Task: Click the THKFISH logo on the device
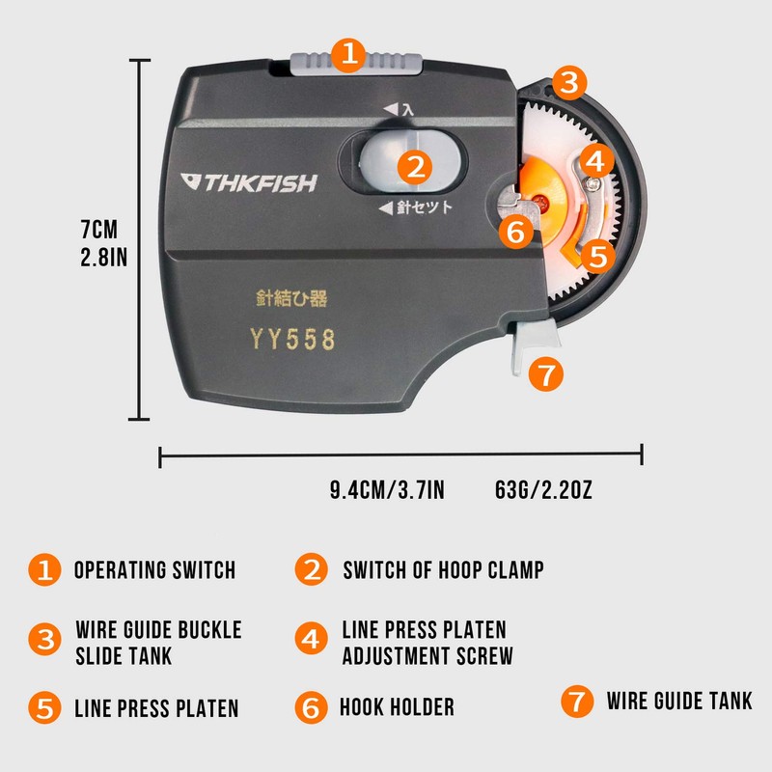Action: click(249, 182)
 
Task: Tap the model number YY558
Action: click(292, 340)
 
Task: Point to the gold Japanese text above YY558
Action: click(292, 299)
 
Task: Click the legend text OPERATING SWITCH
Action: click(154, 569)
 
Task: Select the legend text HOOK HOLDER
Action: click(397, 707)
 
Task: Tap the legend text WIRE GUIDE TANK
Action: click(679, 701)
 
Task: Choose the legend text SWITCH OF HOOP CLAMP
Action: click(443, 569)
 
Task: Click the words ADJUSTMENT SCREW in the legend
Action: click(427, 656)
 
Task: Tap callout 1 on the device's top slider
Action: click(348, 54)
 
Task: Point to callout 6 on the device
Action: click(515, 232)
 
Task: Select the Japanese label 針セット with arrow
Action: click(415, 207)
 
